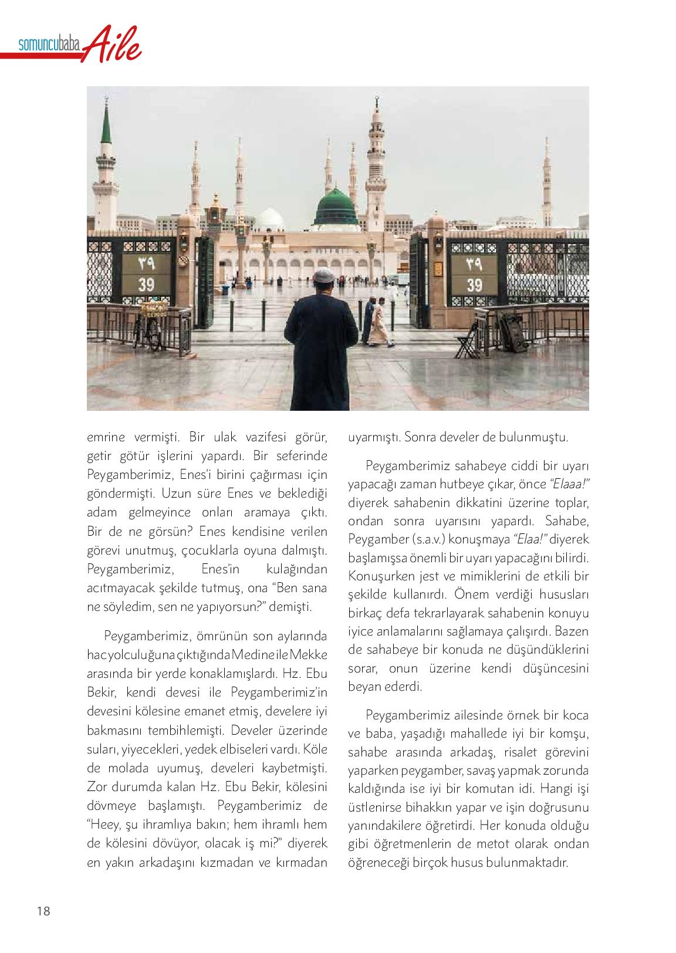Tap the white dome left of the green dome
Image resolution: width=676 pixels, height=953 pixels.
tap(271, 219)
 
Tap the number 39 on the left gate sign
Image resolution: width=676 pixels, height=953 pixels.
tap(146, 285)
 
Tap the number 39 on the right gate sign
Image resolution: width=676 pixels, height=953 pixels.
tap(474, 285)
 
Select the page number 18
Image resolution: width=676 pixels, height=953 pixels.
tap(43, 911)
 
